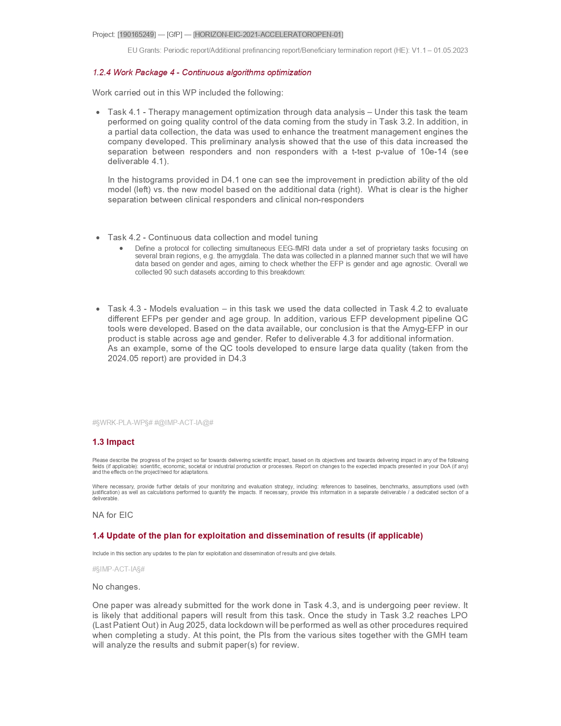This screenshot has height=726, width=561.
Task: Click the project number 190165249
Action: pos(137,34)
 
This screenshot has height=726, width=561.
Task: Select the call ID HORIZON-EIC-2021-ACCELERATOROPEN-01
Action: pos(268,34)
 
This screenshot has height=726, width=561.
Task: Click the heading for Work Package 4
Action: pos(202,73)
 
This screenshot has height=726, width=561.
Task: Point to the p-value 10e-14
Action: pos(433,152)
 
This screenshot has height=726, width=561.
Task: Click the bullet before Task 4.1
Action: pos(98,113)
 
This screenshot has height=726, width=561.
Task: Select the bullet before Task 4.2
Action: pos(98,238)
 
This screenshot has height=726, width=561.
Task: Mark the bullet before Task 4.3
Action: pos(98,309)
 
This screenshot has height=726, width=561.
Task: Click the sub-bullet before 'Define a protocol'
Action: pos(121,249)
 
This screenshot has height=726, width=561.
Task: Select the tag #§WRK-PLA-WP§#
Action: pos(122,423)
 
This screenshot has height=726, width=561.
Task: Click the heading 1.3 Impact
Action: pos(113,442)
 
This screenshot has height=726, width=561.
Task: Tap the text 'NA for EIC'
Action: pos(113,515)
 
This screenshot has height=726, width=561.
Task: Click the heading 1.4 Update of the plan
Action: pos(257,536)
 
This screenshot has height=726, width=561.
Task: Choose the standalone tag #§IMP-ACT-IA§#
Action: pos(118,569)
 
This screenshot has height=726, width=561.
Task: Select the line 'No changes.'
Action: pos(116,587)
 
